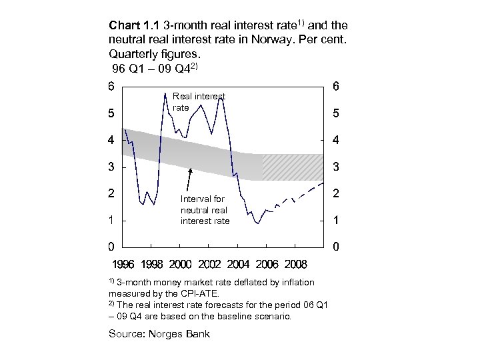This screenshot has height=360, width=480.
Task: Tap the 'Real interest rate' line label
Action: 199,102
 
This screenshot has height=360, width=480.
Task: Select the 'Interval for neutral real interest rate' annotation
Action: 205,209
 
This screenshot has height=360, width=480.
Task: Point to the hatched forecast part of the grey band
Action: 292,167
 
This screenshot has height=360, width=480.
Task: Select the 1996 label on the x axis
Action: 124,264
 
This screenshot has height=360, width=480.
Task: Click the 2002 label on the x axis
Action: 210,264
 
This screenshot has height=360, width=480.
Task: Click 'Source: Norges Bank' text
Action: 159,333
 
